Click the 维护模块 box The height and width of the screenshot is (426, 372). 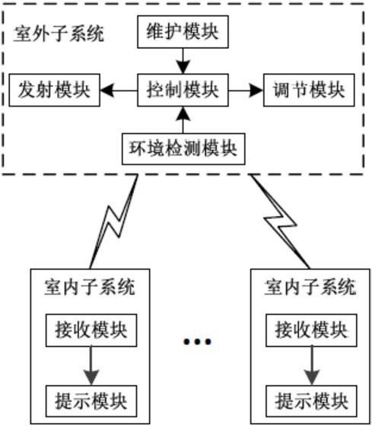[x=183, y=32]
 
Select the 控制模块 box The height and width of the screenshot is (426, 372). [x=183, y=90]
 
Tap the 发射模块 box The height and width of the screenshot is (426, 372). [x=54, y=90]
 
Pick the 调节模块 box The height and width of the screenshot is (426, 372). [x=309, y=90]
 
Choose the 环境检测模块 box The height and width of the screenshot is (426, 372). [x=183, y=149]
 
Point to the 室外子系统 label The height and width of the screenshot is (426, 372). [x=59, y=33]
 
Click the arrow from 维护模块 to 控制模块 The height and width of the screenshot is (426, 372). [x=183, y=61]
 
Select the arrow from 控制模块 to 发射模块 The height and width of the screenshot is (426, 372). [x=119, y=91]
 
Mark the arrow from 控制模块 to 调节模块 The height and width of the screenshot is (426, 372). [x=246, y=91]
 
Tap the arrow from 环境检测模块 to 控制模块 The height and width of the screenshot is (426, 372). [x=183, y=120]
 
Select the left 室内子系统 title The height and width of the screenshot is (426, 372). [x=90, y=287]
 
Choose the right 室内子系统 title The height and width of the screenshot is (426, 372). [x=310, y=287]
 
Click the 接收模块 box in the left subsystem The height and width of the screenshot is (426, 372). [x=91, y=330]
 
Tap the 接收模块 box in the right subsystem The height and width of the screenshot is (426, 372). [x=311, y=330]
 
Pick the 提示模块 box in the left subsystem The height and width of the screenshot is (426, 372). [x=91, y=401]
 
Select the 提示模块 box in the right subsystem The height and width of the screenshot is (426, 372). [x=311, y=401]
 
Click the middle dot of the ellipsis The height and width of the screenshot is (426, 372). [x=198, y=342]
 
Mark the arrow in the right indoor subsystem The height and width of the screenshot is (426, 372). [x=312, y=366]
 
